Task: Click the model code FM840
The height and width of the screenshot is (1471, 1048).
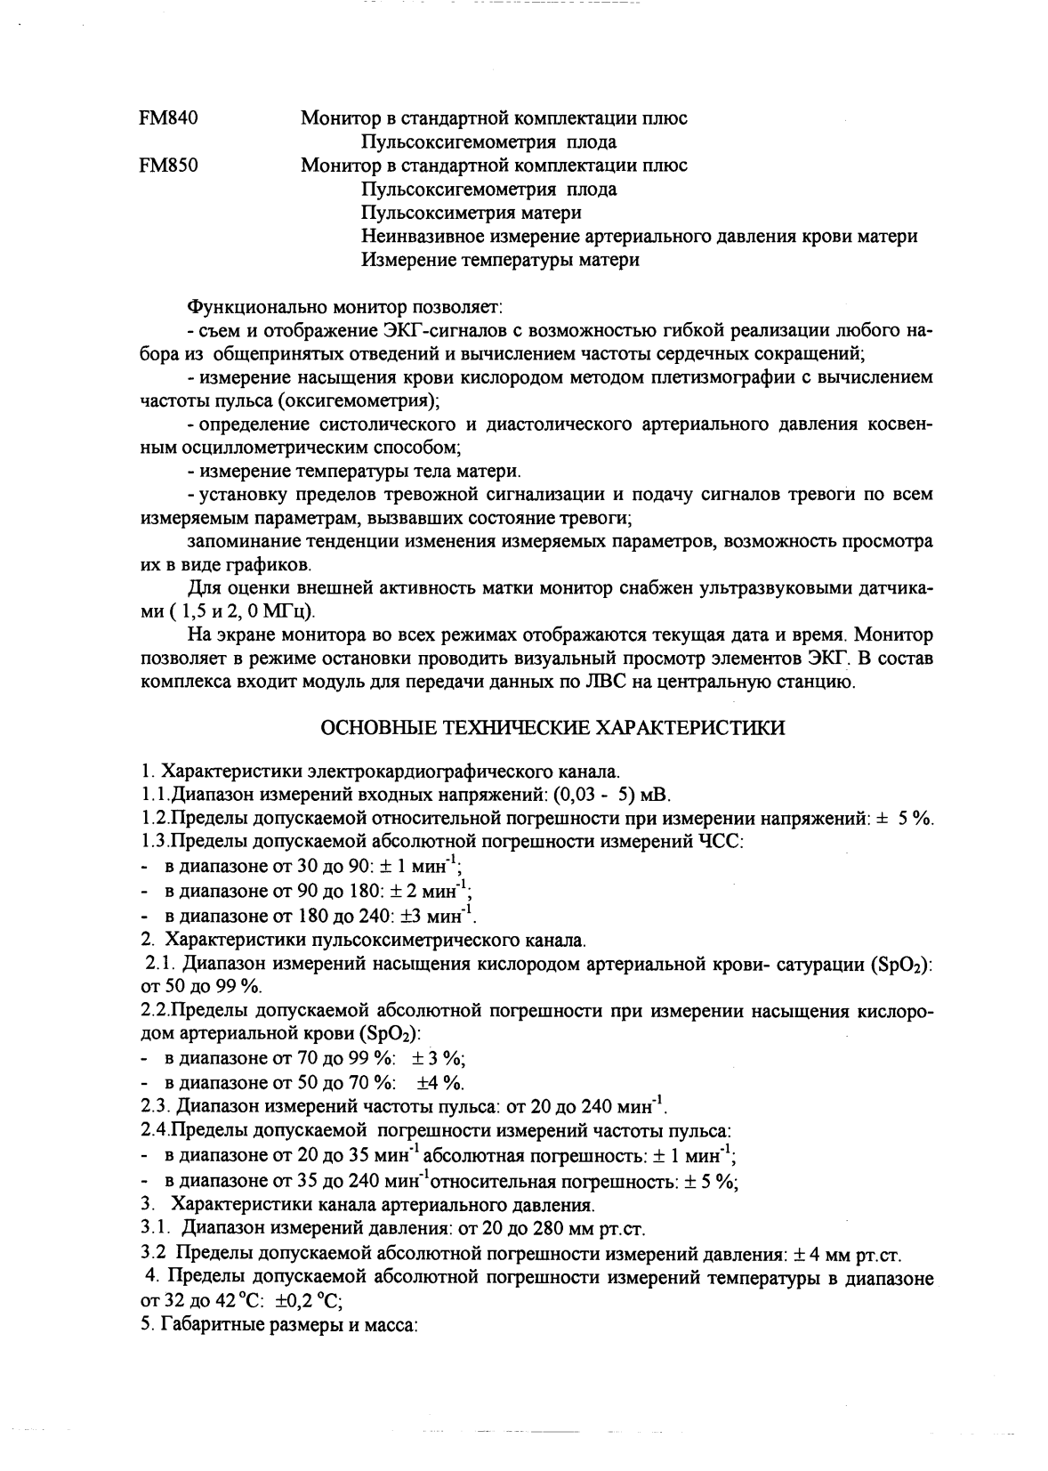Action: (168, 118)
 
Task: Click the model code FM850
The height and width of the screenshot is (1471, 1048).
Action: (168, 166)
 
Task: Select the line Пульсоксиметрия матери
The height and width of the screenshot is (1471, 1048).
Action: (472, 213)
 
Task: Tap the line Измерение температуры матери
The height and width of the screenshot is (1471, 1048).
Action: (500, 260)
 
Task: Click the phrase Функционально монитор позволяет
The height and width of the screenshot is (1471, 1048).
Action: (344, 307)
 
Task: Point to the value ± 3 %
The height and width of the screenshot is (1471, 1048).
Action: (439, 1058)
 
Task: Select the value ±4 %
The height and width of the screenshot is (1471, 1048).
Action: (440, 1082)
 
